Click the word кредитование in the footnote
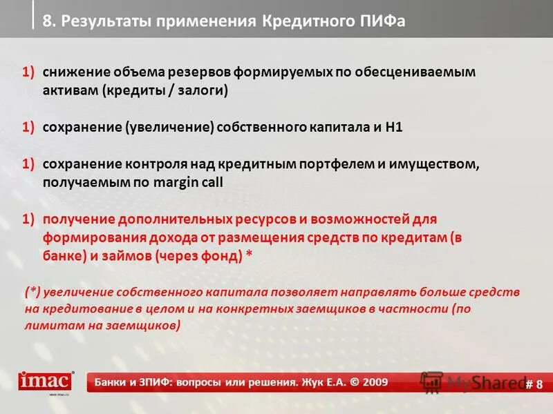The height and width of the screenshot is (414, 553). [78, 309]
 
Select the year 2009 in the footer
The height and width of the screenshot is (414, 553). [373, 382]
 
